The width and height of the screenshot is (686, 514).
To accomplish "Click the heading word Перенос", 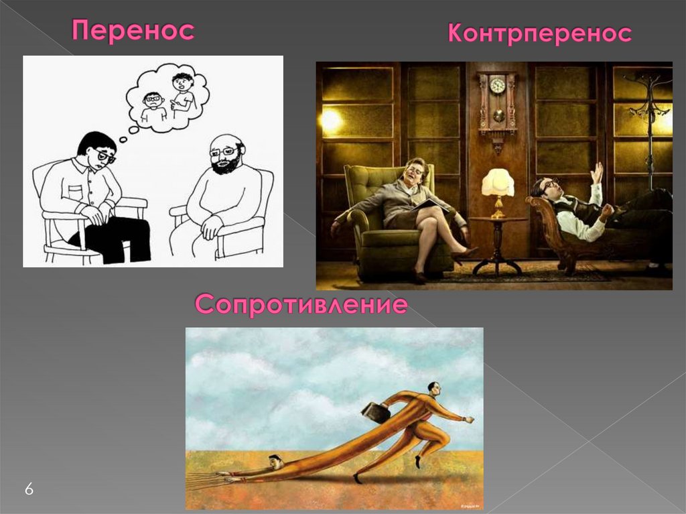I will coord(133,31).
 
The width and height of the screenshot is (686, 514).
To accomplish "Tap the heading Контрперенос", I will coord(539,34).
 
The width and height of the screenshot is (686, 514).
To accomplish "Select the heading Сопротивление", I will coord(301,305).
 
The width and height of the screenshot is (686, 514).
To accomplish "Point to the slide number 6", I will coord(29,489).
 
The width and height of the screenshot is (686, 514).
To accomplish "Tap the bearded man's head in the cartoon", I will coord(226,153).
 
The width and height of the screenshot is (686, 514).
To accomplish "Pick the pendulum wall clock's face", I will coord(496,85).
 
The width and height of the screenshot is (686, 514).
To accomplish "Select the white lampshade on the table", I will coord(498,182).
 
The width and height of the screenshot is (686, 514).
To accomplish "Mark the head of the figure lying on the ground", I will coord(275,462).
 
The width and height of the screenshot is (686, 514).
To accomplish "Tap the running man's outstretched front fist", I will coord(470,420).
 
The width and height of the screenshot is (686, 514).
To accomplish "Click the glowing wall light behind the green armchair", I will coord(330,120).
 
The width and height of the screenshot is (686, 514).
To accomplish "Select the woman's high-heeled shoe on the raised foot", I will coord(464,253).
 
